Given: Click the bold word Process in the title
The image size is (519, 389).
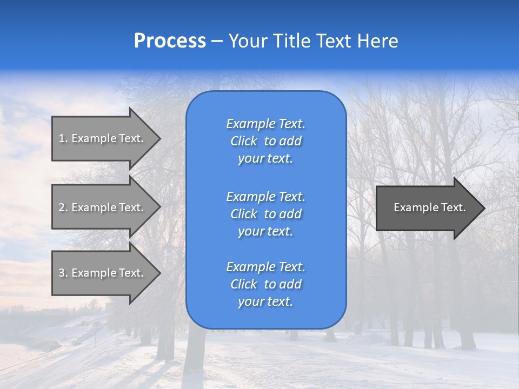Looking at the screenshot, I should click(x=170, y=41).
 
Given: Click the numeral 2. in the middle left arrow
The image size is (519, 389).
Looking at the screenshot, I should click(x=63, y=207).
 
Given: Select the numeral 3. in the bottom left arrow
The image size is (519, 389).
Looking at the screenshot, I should click(x=63, y=273).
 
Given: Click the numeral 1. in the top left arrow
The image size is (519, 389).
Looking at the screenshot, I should click(x=63, y=138).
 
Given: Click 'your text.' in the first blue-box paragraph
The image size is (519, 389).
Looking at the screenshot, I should click(x=265, y=159).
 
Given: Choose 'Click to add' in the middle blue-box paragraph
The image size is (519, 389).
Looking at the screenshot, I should click(x=265, y=214).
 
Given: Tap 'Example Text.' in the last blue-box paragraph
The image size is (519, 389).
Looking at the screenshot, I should click(x=265, y=267).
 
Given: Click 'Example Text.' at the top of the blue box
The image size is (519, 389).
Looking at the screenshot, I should click(x=265, y=124).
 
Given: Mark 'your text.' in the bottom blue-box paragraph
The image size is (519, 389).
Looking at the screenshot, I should click(x=265, y=302).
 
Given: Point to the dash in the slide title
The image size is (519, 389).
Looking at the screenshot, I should click(x=217, y=42).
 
